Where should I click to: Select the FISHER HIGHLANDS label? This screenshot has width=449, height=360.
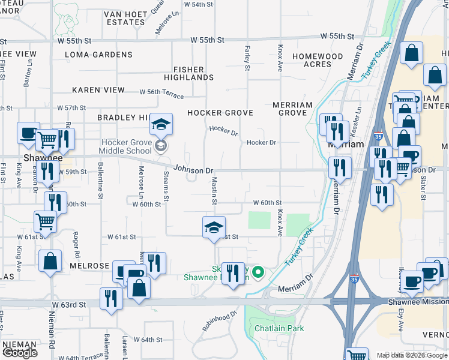188,73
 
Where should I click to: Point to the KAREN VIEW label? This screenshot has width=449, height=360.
98,89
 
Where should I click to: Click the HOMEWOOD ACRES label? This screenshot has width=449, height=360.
318,60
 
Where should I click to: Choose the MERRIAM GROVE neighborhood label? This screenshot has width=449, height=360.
293,109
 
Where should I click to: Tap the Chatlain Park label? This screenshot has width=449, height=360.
279,329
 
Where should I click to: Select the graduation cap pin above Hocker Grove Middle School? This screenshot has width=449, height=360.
161,125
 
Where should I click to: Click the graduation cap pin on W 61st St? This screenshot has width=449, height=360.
213,228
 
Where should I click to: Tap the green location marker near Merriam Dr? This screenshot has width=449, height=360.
258,273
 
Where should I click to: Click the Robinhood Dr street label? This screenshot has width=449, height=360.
220,320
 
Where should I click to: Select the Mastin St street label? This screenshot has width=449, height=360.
213,193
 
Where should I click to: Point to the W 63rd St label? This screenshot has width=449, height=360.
69,305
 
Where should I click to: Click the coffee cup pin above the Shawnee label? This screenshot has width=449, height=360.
28,134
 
